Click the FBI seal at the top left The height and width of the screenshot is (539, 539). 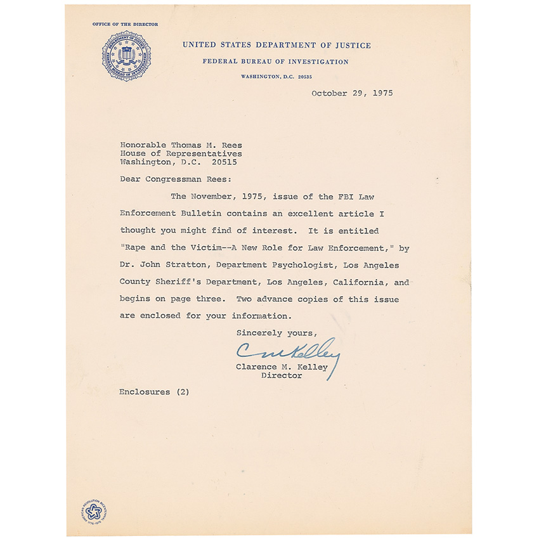pyautogui.click(x=127, y=56)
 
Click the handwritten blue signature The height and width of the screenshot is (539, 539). pyautogui.click(x=287, y=352)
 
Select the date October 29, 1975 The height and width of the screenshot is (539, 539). pyautogui.click(x=352, y=93)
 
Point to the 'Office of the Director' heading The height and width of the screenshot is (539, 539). pyautogui.click(x=125, y=24)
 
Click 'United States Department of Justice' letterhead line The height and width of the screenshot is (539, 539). pyautogui.click(x=276, y=45)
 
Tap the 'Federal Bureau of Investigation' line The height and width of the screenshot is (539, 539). pyautogui.click(x=275, y=62)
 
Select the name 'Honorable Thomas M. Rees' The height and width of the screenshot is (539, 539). pyautogui.click(x=181, y=145)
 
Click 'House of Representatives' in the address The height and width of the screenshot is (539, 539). pyautogui.click(x=181, y=153)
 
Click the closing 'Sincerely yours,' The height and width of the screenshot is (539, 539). pyautogui.click(x=276, y=332)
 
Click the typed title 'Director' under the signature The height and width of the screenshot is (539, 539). pyautogui.click(x=282, y=375)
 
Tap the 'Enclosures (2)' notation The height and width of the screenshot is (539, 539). pyautogui.click(x=154, y=392)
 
